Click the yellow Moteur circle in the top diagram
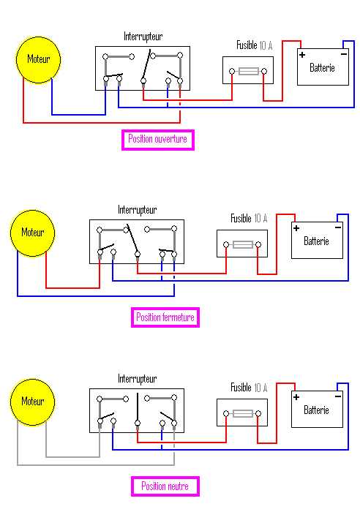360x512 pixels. coord(38,59)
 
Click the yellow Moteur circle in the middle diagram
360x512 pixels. coord(32,233)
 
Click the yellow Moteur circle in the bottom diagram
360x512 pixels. coord(32,402)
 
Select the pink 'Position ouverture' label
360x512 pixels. coord(157,139)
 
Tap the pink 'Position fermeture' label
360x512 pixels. coord(166,317)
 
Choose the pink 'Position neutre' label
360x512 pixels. coord(165,486)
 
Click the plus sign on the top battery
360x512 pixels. coord(301,54)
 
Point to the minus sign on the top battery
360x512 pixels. coord(343,53)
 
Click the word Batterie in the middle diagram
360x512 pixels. coord(317,241)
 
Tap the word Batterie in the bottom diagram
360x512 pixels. coord(317,410)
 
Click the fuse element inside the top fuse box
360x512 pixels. coord(249,71)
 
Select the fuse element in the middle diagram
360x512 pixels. coord(243,244)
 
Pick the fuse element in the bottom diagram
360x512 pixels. coord(243,413)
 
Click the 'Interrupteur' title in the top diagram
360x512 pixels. coord(143,36)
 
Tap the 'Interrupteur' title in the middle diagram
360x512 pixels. coord(138,210)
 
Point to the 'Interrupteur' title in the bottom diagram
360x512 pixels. coord(138,379)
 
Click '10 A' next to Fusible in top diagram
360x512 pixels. coord(266,45)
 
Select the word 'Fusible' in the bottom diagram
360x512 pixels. coord(241,388)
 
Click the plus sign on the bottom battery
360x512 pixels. coord(296,397)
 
